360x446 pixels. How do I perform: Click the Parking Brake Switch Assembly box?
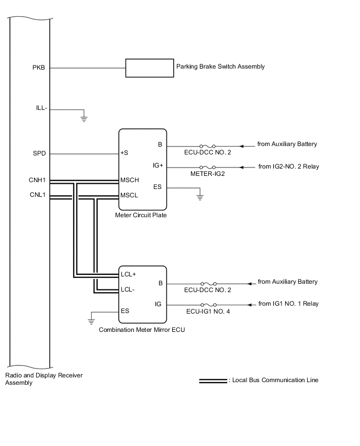point(150,68)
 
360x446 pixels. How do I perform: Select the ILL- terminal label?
point(41,108)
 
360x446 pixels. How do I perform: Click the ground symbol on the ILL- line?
point(84,118)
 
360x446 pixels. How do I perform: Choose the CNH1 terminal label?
point(38,181)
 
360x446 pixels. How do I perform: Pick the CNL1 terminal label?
point(38,195)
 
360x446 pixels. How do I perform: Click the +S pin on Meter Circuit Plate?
point(125,154)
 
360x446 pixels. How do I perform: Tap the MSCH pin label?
point(130,181)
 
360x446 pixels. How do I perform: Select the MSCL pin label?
point(129,195)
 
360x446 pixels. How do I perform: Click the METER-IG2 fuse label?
point(208,174)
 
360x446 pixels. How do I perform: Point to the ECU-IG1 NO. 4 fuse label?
point(208,311)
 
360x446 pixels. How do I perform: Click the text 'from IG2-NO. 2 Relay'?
point(288,167)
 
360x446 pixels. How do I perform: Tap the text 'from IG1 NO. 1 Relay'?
point(288,304)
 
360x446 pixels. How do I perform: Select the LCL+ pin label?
point(128,274)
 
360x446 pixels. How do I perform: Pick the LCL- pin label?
point(127,289)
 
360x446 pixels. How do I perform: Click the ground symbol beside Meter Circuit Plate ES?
point(199,197)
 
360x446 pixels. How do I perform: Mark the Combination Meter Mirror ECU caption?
point(141,330)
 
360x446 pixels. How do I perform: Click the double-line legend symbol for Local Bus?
point(212,381)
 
